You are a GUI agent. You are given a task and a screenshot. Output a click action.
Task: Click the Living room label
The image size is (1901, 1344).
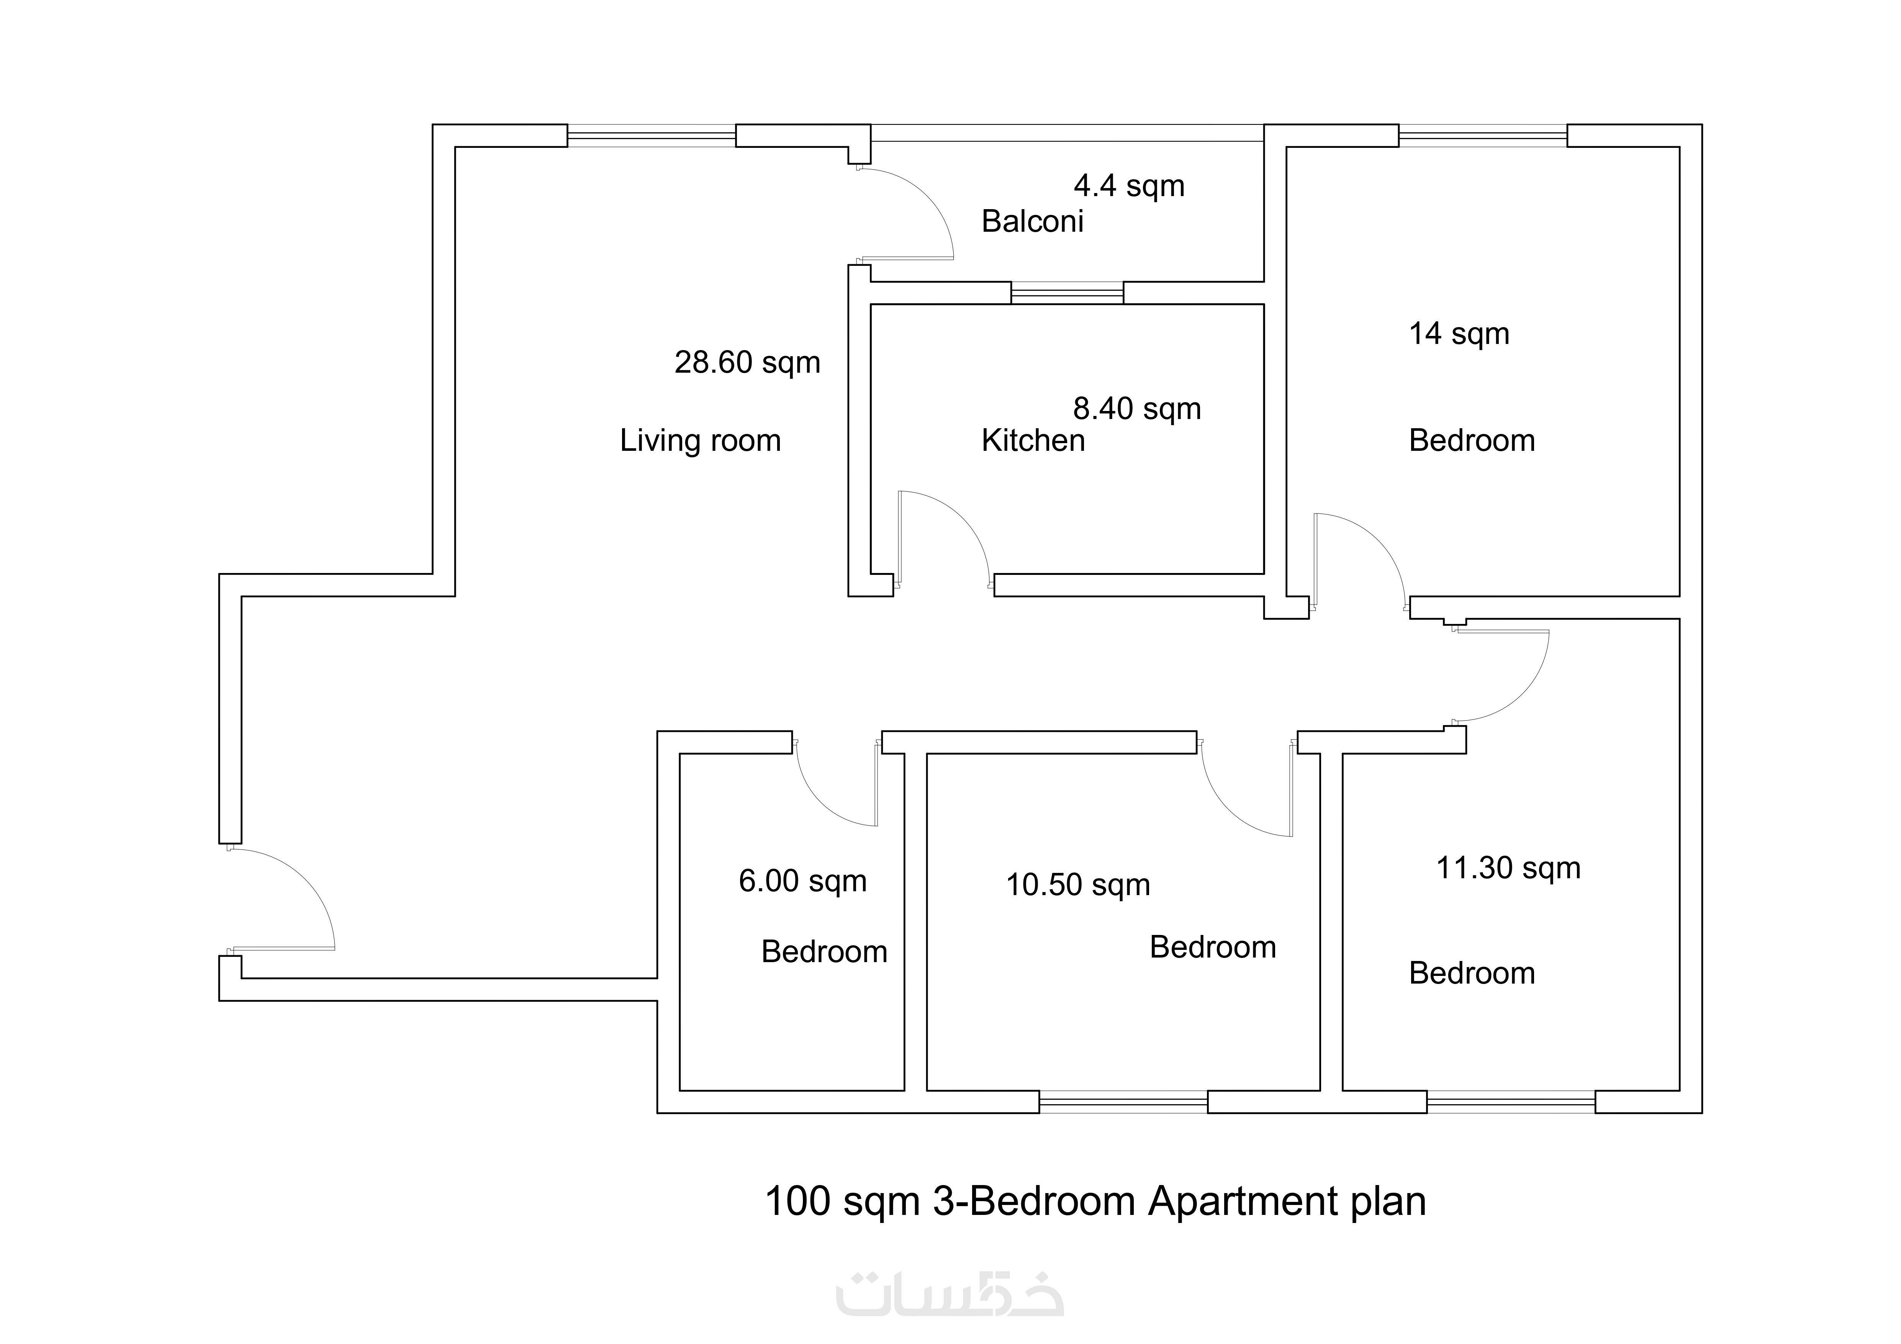pos(701,440)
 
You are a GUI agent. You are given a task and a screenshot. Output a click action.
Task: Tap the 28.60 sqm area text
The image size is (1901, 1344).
pos(748,363)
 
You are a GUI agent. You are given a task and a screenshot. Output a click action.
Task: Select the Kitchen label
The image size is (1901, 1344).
pos(1033,440)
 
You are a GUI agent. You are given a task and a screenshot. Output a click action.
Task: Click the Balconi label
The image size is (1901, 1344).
pos(1032,221)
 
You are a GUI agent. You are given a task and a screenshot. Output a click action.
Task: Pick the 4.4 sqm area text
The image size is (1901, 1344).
pos(1129,186)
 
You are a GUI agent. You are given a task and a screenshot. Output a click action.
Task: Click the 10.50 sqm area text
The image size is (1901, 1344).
pos(1078,885)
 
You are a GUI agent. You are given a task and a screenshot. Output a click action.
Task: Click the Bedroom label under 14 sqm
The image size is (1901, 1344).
pos(1472,440)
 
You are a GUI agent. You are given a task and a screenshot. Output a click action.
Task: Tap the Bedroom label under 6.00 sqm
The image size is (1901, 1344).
pos(825,952)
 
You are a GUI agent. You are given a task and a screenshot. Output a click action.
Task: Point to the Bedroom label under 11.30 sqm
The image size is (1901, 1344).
pos(1472,973)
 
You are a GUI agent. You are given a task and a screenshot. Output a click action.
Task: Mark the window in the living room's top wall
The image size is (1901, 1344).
pos(652,136)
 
